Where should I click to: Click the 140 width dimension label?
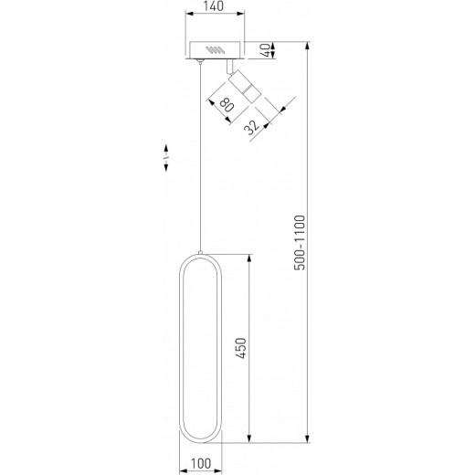tap(216, 8)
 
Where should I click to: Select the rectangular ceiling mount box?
tap(216, 49)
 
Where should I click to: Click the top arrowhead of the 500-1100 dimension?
tap(309, 44)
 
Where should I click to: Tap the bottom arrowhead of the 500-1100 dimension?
tap(309, 441)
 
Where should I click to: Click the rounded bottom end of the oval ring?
tap(198, 438)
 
